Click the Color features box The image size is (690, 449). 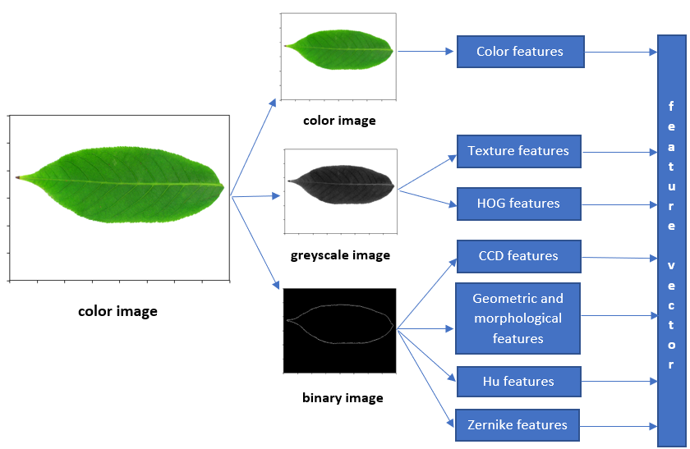(x=520, y=52)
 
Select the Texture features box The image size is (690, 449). (x=518, y=151)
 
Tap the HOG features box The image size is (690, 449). (x=518, y=204)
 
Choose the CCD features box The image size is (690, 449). (x=518, y=256)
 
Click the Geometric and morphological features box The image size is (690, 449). (x=518, y=318)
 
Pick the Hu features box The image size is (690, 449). (x=518, y=381)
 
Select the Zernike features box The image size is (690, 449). (x=518, y=425)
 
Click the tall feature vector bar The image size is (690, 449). (x=671, y=241)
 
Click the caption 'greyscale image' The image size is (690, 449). (x=340, y=255)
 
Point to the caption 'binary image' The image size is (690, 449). (x=343, y=398)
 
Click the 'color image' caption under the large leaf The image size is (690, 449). (x=117, y=311)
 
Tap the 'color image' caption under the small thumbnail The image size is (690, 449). (x=339, y=121)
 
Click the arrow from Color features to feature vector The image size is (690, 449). (x=621, y=52)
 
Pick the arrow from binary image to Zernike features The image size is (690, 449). (x=425, y=378)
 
